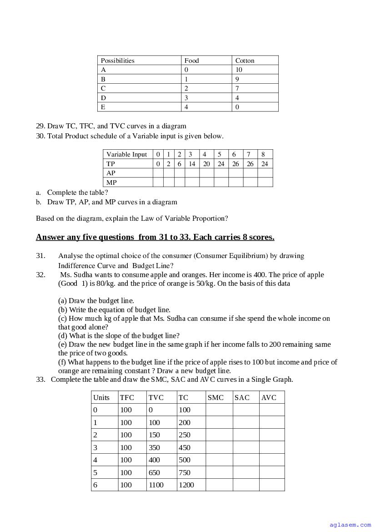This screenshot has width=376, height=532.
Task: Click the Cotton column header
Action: [245, 61]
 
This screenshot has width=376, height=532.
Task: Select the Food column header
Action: [191, 61]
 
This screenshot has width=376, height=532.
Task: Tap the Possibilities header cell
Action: [118, 61]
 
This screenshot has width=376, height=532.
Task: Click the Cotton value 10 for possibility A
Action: [239, 70]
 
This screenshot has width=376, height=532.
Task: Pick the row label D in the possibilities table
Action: [103, 98]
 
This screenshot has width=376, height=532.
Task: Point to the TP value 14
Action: [192, 164]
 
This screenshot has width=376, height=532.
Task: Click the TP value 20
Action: [206, 164]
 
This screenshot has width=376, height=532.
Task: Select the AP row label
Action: [111, 173]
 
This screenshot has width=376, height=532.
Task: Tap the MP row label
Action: [111, 182]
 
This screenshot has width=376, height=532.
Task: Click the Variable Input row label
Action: [127, 154]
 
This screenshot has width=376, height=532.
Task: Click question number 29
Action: [40, 126]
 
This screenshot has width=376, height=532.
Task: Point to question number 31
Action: [40, 256]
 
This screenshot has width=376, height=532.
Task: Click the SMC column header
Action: [216, 397]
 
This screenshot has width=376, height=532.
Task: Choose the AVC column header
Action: [269, 397]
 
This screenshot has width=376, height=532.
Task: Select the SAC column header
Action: [242, 397]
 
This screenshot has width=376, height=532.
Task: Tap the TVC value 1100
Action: [156, 485]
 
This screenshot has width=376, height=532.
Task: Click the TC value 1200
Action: [186, 485]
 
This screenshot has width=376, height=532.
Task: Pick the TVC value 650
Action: [154, 472]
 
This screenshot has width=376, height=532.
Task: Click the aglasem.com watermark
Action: [350, 525]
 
